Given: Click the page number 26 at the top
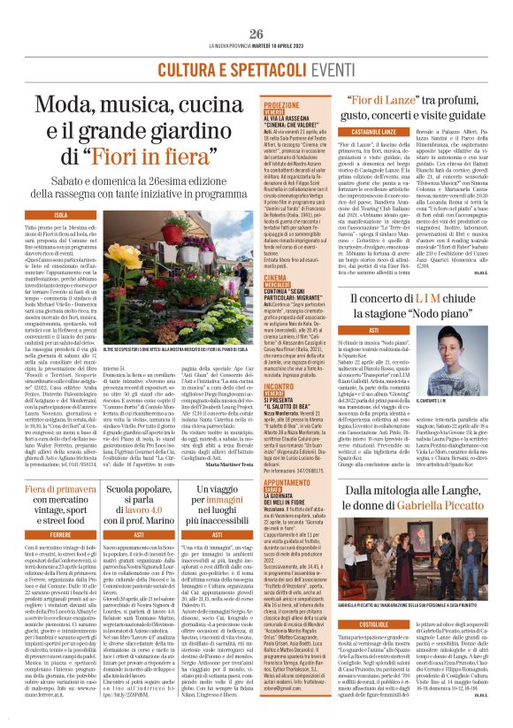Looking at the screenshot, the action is point(256,34).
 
